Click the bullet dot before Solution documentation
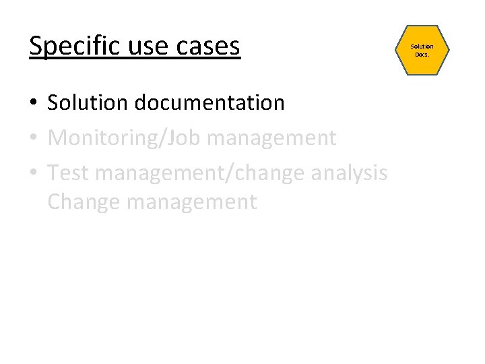pyautogui.click(x=34, y=103)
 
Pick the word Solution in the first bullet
pyautogui.click(x=88, y=102)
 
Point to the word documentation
pyautogui.click(x=209, y=102)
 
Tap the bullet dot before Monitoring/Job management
pyautogui.click(x=34, y=138)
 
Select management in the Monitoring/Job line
pyautogui.click(x=272, y=138)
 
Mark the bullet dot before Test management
pyautogui.click(x=34, y=173)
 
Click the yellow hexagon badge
pyautogui.click(x=422, y=50)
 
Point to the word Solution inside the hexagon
pyautogui.click(x=422, y=46)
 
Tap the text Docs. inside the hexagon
pyautogui.click(x=422, y=54)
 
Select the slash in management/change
pyautogui.click(x=233, y=173)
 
